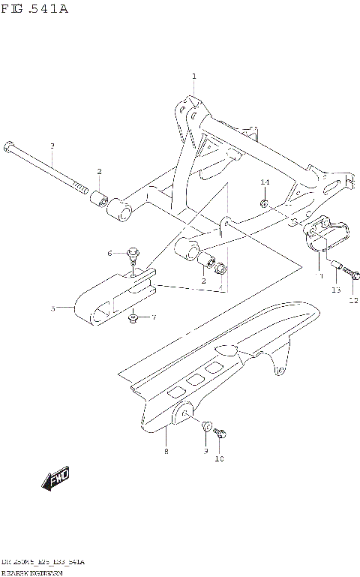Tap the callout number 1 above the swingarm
[x=193, y=77]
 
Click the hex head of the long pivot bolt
[x=8, y=144]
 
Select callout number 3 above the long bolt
[x=52, y=145]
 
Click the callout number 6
[x=109, y=252]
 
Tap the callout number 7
[x=154, y=318]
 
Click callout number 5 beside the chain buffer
[x=52, y=308]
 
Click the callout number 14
[x=265, y=182]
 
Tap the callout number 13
[x=335, y=290]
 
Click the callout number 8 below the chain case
[x=166, y=451]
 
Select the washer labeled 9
[x=206, y=425]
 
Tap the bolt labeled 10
[x=220, y=433]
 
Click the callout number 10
[x=220, y=458]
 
